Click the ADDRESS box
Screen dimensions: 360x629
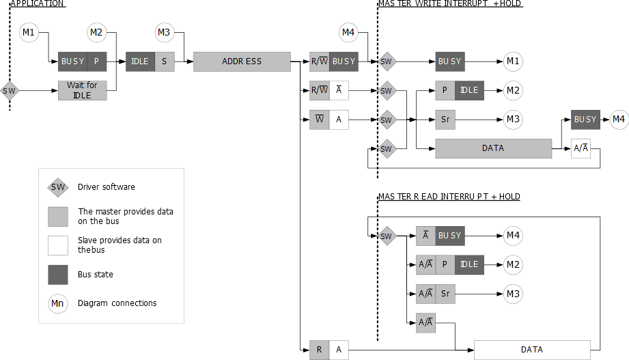[242, 61]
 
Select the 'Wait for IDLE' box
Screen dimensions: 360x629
[82, 90]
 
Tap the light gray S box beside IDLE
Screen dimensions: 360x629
[165, 61]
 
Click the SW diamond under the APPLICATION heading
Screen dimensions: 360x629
[10, 90]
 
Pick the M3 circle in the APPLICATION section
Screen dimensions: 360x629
[164, 32]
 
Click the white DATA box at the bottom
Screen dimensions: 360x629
[532, 350]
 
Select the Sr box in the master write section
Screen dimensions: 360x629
[445, 120]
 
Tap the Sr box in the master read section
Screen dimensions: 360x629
[445, 294]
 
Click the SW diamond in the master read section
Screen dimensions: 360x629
[387, 236]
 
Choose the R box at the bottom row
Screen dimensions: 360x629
[320, 350]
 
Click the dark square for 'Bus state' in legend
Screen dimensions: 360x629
[58, 275]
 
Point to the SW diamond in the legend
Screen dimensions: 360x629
[58, 187]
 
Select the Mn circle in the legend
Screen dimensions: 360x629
[58, 303]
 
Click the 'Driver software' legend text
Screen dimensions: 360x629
[106, 187]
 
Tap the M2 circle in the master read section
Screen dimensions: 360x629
[513, 265]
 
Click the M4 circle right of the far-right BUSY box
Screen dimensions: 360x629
[618, 120]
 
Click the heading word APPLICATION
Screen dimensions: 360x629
[38, 3]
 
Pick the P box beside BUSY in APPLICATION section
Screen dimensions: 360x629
[96, 61]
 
